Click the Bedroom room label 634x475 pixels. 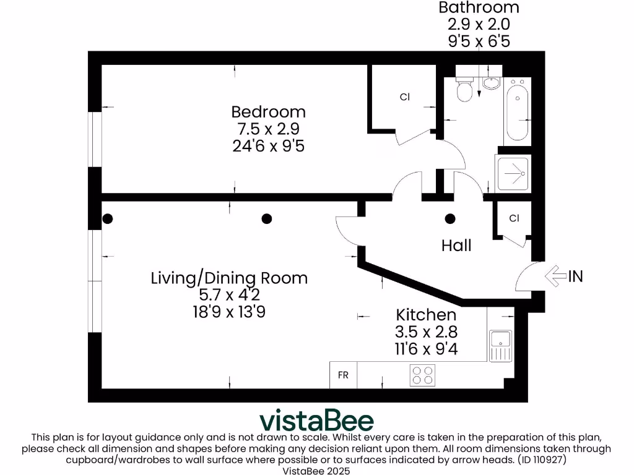pyautogui.click(x=268, y=112)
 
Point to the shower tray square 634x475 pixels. pyautogui.click(x=513, y=173)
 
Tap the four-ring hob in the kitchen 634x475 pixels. pyautogui.click(x=423, y=374)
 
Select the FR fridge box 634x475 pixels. pyautogui.click(x=343, y=375)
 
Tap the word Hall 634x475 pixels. pyautogui.click(x=456, y=246)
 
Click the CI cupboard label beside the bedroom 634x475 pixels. pyautogui.click(x=405, y=97)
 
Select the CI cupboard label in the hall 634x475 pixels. pyautogui.click(x=514, y=218)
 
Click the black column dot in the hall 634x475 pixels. pyautogui.click(x=450, y=218)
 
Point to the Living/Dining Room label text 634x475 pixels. pyautogui.click(x=229, y=278)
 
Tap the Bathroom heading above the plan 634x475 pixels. pyautogui.click(x=479, y=7)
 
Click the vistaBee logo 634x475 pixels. pyautogui.click(x=316, y=420)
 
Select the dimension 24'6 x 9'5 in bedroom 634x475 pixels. pyautogui.click(x=268, y=147)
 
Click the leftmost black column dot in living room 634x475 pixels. pyautogui.click(x=108, y=218)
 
